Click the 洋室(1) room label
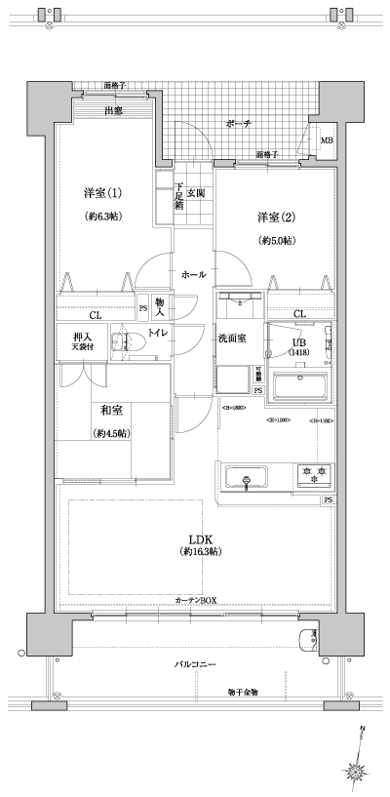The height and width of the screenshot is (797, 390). tap(101, 193)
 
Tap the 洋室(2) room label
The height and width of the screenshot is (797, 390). tap(276, 216)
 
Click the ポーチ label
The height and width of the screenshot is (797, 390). tap(239, 124)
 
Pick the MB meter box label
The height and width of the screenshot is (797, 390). tap(326, 139)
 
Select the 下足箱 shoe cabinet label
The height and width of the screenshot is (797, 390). tap(179, 198)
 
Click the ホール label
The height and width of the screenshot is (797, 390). tap(193, 275)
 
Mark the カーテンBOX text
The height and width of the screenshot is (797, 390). tap(196, 600)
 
